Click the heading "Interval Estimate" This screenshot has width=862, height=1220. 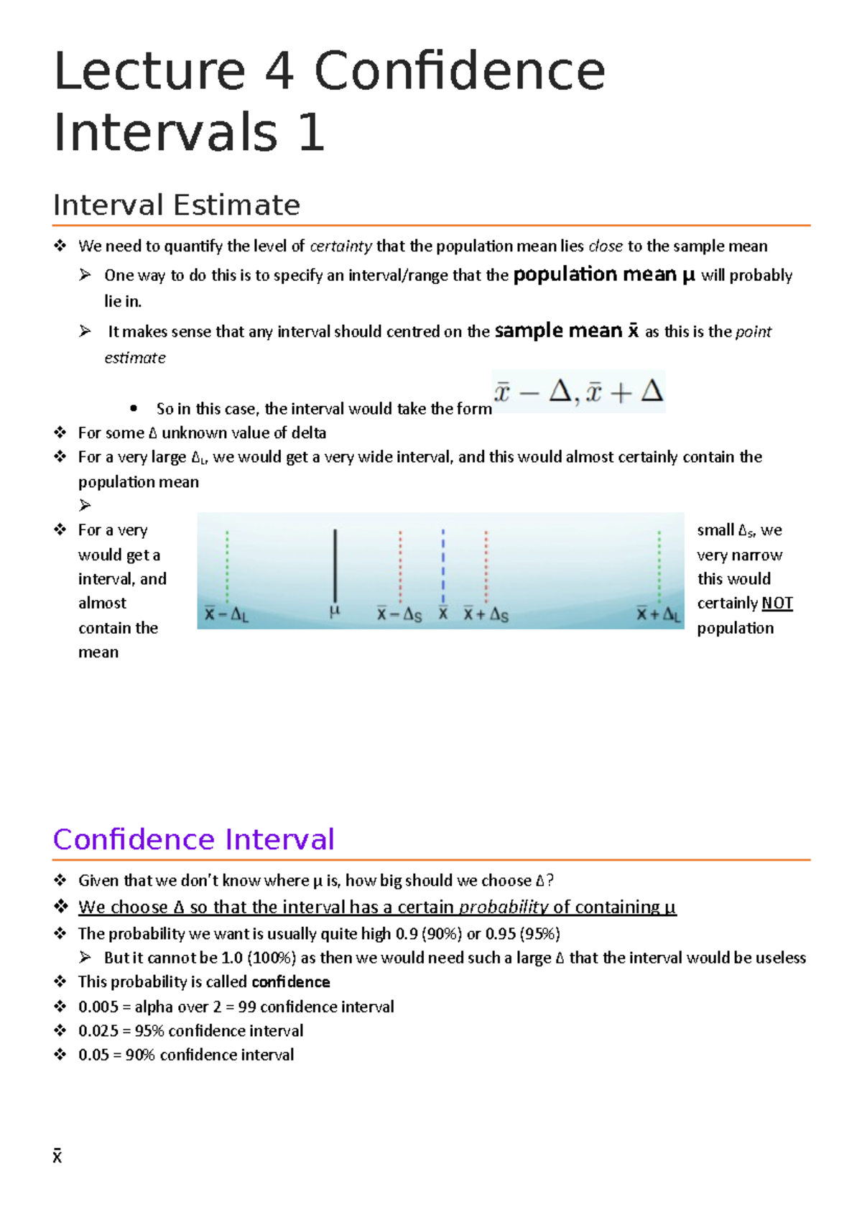point(177,205)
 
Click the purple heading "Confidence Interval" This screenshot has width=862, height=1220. point(194,839)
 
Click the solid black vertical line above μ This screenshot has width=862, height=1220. point(335,565)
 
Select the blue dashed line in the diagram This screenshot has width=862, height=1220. point(443,565)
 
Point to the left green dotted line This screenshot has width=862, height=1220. point(227,565)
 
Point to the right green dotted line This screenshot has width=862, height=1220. point(659,565)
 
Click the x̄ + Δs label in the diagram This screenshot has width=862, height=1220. point(486,614)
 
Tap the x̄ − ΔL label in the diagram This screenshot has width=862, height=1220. point(226,614)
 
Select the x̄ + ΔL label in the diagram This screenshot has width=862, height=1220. point(658,614)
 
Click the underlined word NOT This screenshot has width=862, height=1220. point(777,603)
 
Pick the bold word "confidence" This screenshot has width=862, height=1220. point(291,981)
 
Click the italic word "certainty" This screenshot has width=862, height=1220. point(340,246)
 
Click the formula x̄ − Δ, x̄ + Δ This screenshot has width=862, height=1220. point(578,392)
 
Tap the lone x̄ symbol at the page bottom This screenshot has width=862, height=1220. point(57,1156)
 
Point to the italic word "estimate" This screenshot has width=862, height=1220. point(135,358)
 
